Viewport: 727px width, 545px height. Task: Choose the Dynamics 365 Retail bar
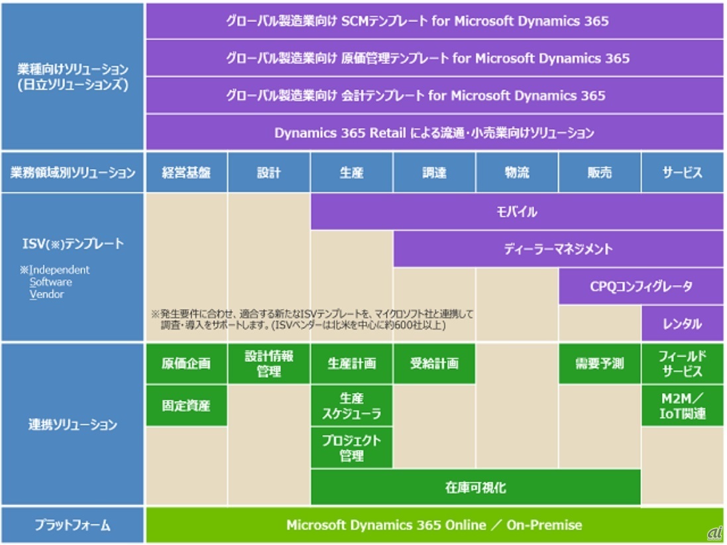click(434, 133)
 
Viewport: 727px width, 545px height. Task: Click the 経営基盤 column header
click(186, 173)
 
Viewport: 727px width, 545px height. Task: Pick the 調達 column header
click(434, 173)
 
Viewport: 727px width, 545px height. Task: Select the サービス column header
click(682, 173)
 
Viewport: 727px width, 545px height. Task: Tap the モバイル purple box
click(517, 212)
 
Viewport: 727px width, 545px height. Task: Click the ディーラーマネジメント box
click(558, 249)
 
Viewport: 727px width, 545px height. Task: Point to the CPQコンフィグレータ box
click(641, 286)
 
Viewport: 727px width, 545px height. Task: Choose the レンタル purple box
click(682, 324)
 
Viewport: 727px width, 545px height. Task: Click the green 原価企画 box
click(186, 363)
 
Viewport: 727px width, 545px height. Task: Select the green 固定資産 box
click(186, 405)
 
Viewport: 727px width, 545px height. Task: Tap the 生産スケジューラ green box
click(351, 406)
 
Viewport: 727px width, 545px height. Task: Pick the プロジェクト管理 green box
click(351, 448)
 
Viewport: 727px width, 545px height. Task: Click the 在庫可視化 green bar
click(475, 487)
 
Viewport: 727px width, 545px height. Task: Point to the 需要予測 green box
click(600, 363)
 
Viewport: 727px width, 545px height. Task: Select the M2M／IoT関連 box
click(682, 406)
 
